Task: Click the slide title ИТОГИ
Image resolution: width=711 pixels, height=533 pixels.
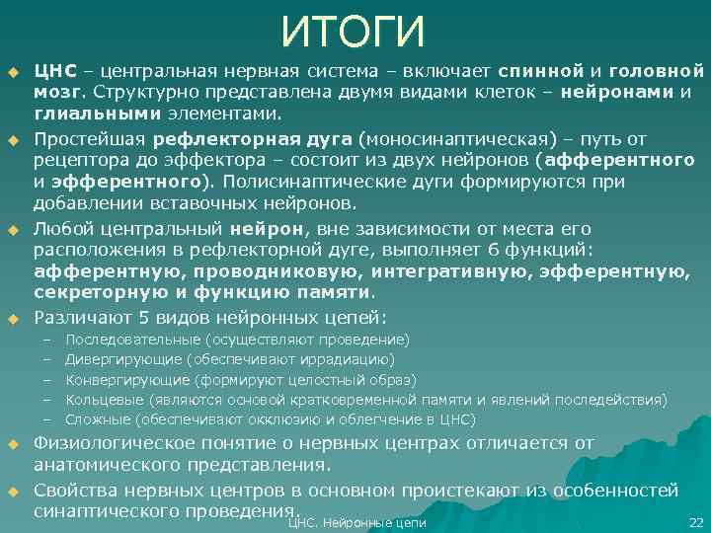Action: coord(354,33)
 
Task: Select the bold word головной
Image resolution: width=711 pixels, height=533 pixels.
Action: coord(657,71)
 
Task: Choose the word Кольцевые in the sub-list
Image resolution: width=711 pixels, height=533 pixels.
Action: coord(102,399)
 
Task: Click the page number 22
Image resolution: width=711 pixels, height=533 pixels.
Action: coord(693,522)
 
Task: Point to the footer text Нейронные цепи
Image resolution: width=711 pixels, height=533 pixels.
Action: coord(380,522)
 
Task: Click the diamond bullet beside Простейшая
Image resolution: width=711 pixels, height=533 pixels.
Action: coord(14,138)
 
